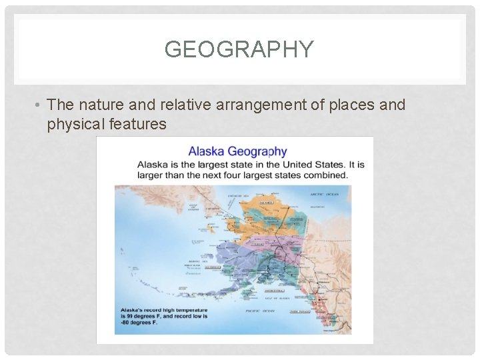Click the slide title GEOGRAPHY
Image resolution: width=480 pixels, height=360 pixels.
[239, 49]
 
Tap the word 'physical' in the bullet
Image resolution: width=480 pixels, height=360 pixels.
[73, 123]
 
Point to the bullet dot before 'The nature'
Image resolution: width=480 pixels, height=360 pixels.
[39, 105]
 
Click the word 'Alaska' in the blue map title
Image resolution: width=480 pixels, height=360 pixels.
[208, 151]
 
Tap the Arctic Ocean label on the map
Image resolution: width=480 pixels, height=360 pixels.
[325, 195]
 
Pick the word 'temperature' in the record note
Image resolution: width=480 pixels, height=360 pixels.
[189, 310]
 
